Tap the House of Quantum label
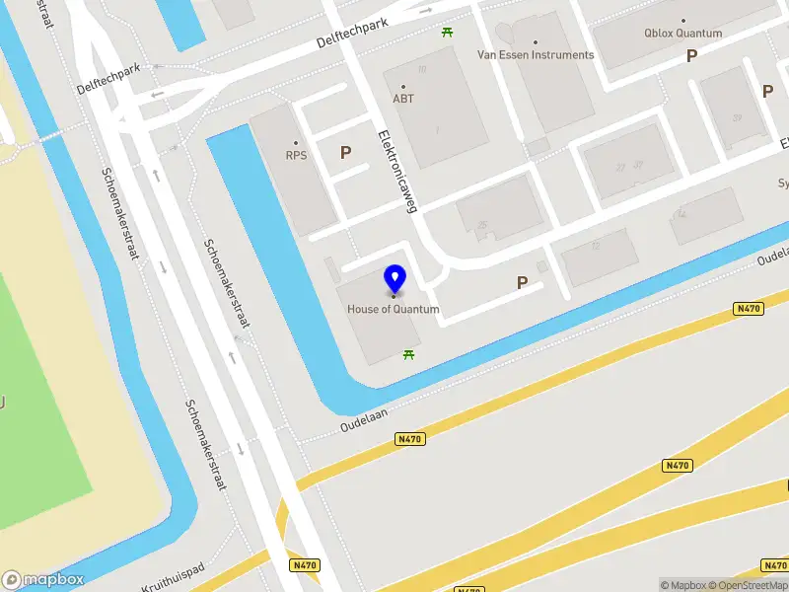pyautogui.click(x=393, y=309)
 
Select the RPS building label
pyautogui.click(x=296, y=155)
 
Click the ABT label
pyautogui.click(x=403, y=99)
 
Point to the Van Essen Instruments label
pyautogui.click(x=536, y=55)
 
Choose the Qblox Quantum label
pyautogui.click(x=683, y=33)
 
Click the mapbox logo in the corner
pyautogui.click(x=42, y=579)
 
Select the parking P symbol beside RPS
pyautogui.click(x=345, y=153)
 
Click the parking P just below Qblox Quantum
pyautogui.click(x=692, y=56)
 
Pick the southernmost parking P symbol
pyautogui.click(x=522, y=283)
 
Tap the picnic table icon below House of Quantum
pyautogui.click(x=408, y=354)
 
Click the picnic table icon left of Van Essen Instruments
pyautogui.click(x=448, y=32)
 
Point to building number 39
pyautogui.click(x=737, y=118)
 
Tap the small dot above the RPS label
pyautogui.click(x=295, y=142)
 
